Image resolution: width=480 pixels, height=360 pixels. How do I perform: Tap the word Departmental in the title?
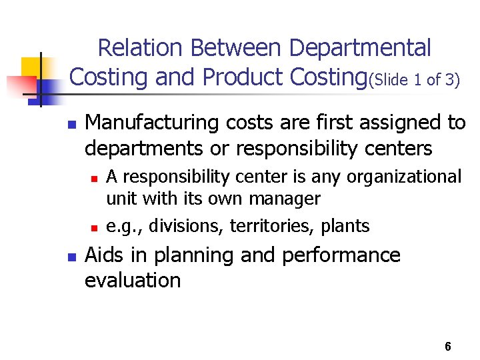point(360,48)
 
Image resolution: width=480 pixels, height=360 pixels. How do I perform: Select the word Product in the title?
point(243,77)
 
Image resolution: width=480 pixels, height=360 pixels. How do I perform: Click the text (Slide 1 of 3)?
point(414,81)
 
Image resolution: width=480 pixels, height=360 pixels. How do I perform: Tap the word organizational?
point(403,177)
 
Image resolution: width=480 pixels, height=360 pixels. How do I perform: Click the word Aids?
point(105,255)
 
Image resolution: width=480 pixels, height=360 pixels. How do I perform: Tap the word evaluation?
point(133,280)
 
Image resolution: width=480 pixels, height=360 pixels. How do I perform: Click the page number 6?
point(447,347)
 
